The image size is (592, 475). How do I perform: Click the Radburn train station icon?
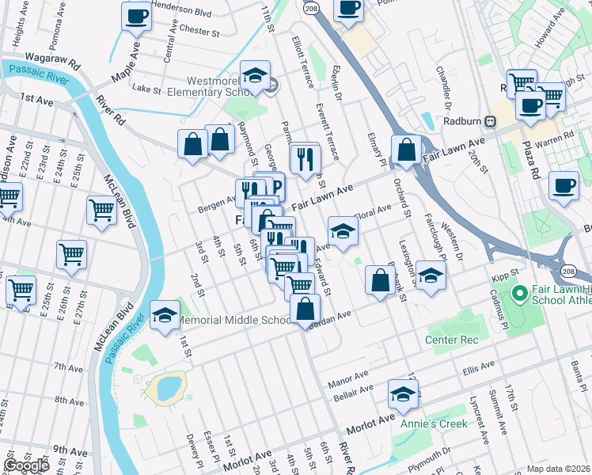click(491, 122)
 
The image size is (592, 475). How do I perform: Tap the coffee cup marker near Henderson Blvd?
click(136, 17)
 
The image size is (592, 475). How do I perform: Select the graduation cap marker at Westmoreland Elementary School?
click(255, 75)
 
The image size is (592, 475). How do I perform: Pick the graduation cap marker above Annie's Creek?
click(404, 394)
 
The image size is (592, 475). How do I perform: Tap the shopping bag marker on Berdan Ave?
click(305, 309)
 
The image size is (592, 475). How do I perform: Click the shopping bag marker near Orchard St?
click(406, 150)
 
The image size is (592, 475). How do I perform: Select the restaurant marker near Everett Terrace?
click(304, 159)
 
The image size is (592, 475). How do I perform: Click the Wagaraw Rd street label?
click(54, 60)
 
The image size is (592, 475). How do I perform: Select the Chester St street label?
click(199, 32)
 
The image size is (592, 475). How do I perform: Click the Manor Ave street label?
click(349, 376)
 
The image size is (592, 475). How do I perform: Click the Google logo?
click(27, 465)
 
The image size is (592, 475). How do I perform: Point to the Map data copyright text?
click(559, 469)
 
